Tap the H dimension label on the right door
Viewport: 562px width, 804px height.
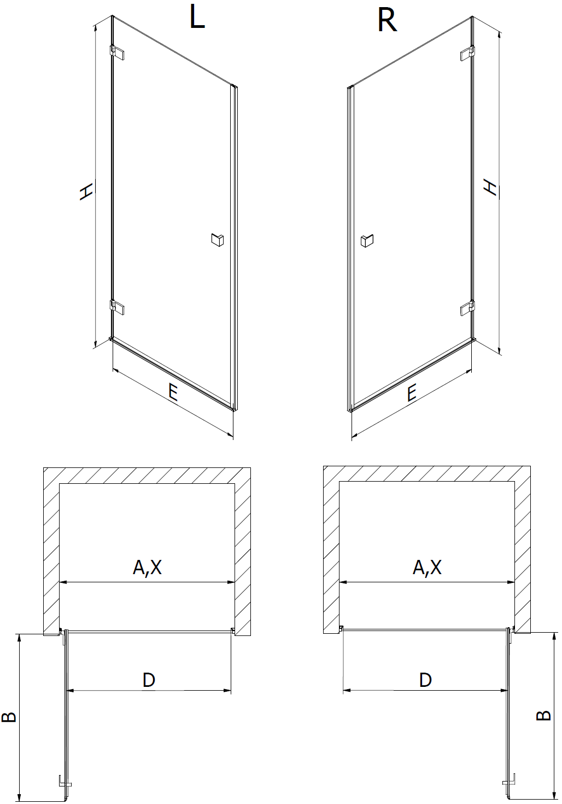pos(490,187)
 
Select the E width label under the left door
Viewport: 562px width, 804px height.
pos(173,392)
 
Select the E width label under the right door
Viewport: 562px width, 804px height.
pos(412,392)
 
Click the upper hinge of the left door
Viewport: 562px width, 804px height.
pos(117,53)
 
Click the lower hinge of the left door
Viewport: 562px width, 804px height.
pos(117,308)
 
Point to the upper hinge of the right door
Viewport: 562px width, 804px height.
pos(468,53)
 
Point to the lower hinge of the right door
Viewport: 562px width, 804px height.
pos(468,308)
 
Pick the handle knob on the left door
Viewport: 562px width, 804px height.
pos(217,240)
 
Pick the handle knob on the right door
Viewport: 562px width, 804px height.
pos(367,241)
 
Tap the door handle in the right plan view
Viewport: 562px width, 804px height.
pos(509,776)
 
